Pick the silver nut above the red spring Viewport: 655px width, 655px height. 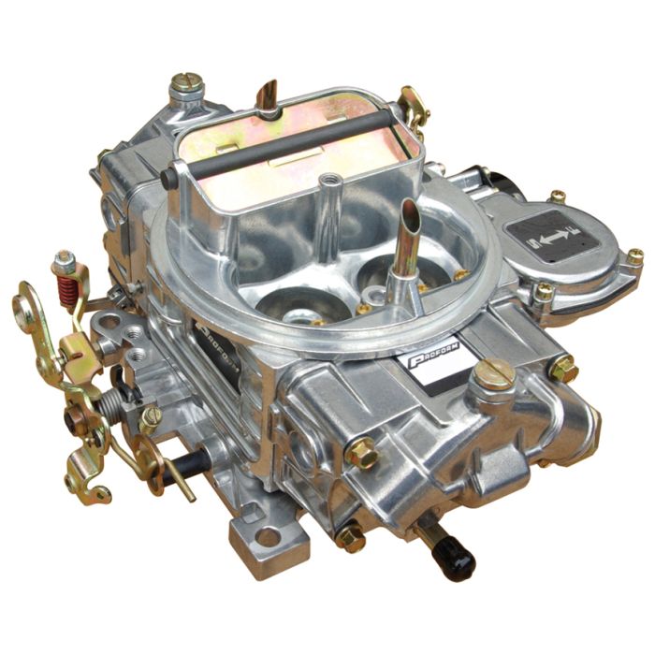(x=64, y=258)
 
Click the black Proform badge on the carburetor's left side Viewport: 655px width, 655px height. (x=213, y=340)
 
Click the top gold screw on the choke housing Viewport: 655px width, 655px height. (x=558, y=196)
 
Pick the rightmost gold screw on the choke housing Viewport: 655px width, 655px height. (x=633, y=255)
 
